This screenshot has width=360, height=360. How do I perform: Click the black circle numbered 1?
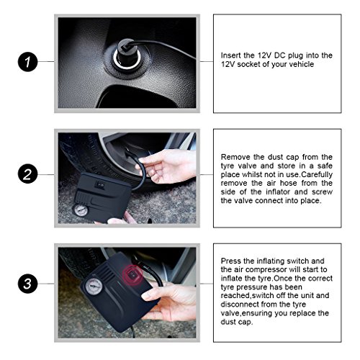[28, 62]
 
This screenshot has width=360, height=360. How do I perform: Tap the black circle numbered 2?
[28, 174]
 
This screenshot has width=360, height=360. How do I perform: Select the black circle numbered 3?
[28, 284]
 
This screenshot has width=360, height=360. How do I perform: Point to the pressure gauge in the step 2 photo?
[81, 210]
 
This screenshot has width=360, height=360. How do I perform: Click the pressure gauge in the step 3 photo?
[94, 287]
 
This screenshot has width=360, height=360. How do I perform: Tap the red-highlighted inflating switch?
[132, 275]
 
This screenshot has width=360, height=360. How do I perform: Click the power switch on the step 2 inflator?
[99, 184]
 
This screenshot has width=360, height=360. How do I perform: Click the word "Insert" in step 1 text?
[230, 55]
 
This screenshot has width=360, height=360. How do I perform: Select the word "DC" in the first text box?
[279, 55]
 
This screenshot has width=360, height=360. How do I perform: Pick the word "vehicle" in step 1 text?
[302, 64]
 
